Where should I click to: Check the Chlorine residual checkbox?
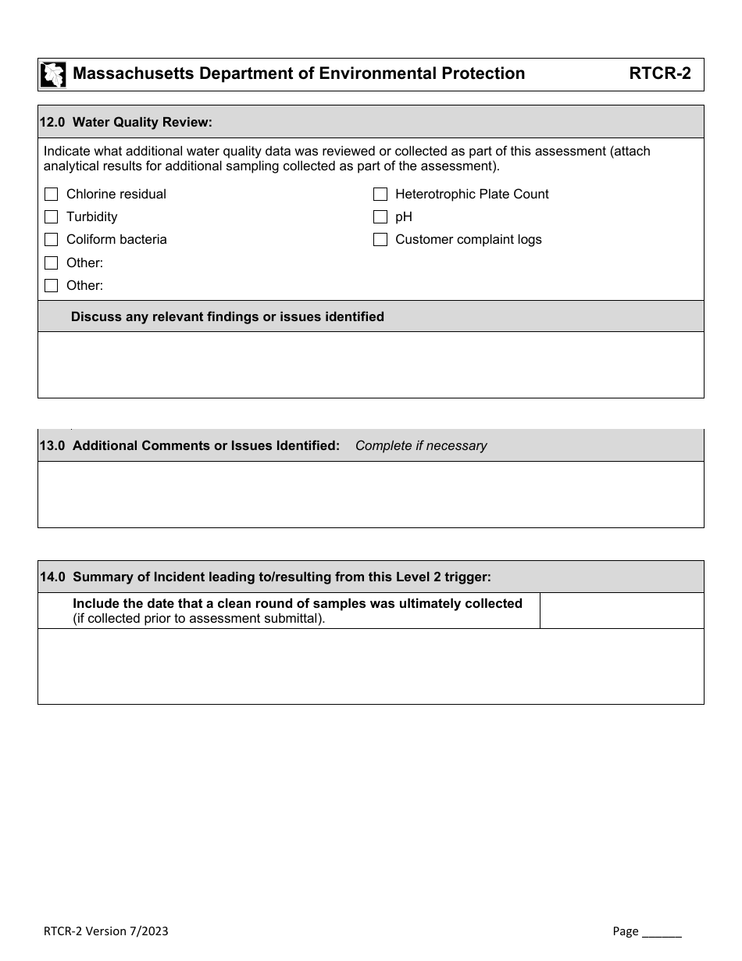(52, 195)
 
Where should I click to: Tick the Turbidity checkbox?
(52, 217)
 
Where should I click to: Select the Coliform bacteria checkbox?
(52, 240)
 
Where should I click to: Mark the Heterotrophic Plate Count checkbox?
(380, 195)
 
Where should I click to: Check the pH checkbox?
(380, 217)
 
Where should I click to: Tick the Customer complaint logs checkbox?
(380, 240)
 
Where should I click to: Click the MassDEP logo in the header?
(53, 74)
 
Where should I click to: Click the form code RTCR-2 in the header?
(659, 74)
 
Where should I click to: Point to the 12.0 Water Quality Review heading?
(127, 122)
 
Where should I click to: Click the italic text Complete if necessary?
(421, 445)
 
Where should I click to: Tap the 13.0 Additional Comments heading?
(190, 445)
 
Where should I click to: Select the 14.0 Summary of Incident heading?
(266, 577)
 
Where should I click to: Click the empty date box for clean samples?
(621, 610)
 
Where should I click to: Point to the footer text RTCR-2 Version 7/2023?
(105, 931)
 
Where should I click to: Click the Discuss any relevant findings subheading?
(227, 316)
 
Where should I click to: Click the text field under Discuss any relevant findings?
(370, 365)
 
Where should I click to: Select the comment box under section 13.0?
(370, 494)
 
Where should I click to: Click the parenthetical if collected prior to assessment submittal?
(198, 619)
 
